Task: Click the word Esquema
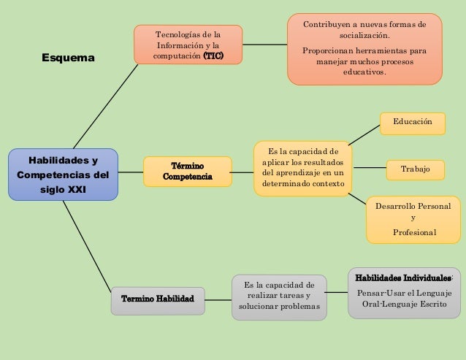[x=68, y=57]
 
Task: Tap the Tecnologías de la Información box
[x=188, y=45]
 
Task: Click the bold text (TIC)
[x=213, y=56]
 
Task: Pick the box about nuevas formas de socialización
[x=364, y=49]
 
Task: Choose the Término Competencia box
[x=187, y=172]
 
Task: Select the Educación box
[x=413, y=123]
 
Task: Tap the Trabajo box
[x=416, y=170]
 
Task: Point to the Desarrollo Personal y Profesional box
[x=413, y=219]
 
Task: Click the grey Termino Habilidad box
[x=157, y=299]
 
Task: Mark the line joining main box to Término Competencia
[x=130, y=173]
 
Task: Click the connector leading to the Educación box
[x=364, y=134]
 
